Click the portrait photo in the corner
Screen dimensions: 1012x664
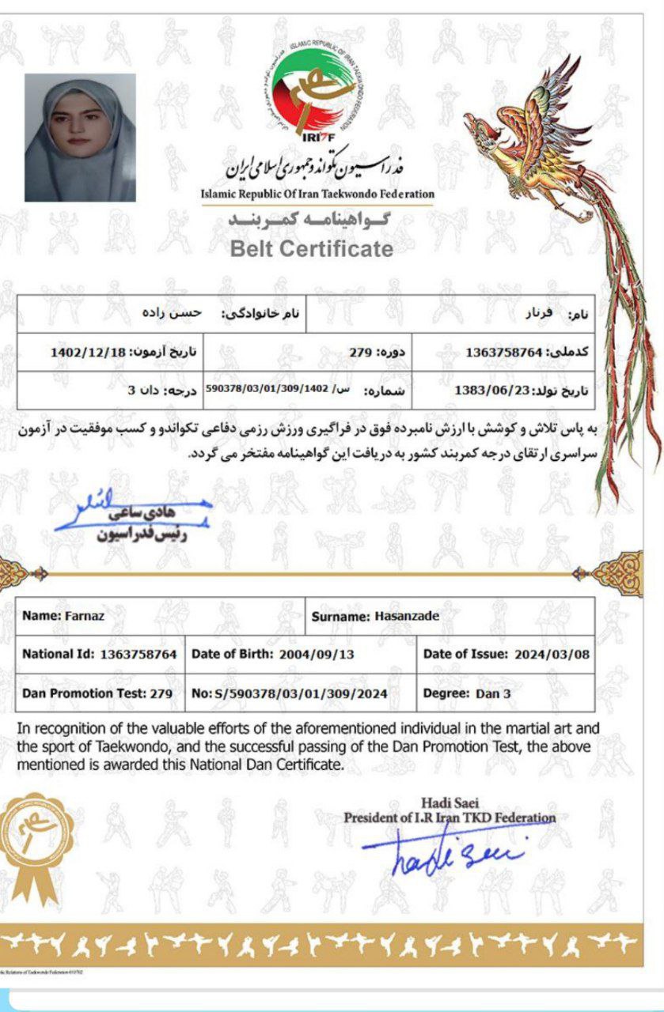point(80,138)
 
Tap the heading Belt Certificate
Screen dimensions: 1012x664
point(311,249)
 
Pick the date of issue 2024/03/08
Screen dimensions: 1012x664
point(551,655)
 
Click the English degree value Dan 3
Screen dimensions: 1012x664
point(494,694)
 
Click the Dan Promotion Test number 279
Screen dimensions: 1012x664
point(161,693)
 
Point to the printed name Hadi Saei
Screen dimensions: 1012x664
point(450,803)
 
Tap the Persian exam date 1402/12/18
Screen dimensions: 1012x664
point(87,352)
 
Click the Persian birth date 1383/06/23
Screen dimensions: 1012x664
point(487,390)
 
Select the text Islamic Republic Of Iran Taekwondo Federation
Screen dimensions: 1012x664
point(317,194)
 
